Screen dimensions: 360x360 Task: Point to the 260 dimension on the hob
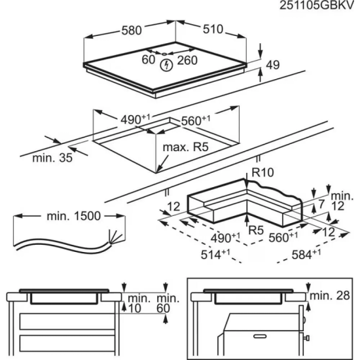tap(188, 60)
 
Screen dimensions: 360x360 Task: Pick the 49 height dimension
tap(274, 64)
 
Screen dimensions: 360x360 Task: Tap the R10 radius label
tap(261, 172)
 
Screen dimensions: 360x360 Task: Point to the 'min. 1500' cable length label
tap(63, 216)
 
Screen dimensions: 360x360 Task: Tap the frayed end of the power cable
tap(111, 240)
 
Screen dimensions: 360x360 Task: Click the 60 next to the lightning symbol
tap(149, 60)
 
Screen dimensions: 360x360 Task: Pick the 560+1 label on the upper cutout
tap(194, 119)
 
